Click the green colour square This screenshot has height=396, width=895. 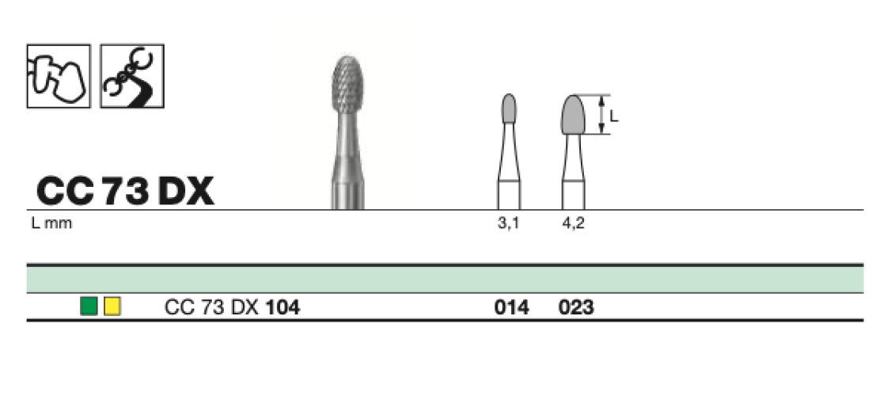tap(89, 307)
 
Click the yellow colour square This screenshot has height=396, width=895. tap(112, 307)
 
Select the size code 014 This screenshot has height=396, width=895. tap(512, 308)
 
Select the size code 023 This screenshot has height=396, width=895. tap(577, 308)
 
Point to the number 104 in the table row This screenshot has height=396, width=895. tap(283, 308)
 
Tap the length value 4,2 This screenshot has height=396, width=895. tap(573, 223)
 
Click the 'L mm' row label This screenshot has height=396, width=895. tap(52, 223)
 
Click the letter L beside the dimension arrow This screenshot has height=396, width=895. tap(614, 116)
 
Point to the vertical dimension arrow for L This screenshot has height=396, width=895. tap(601, 114)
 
